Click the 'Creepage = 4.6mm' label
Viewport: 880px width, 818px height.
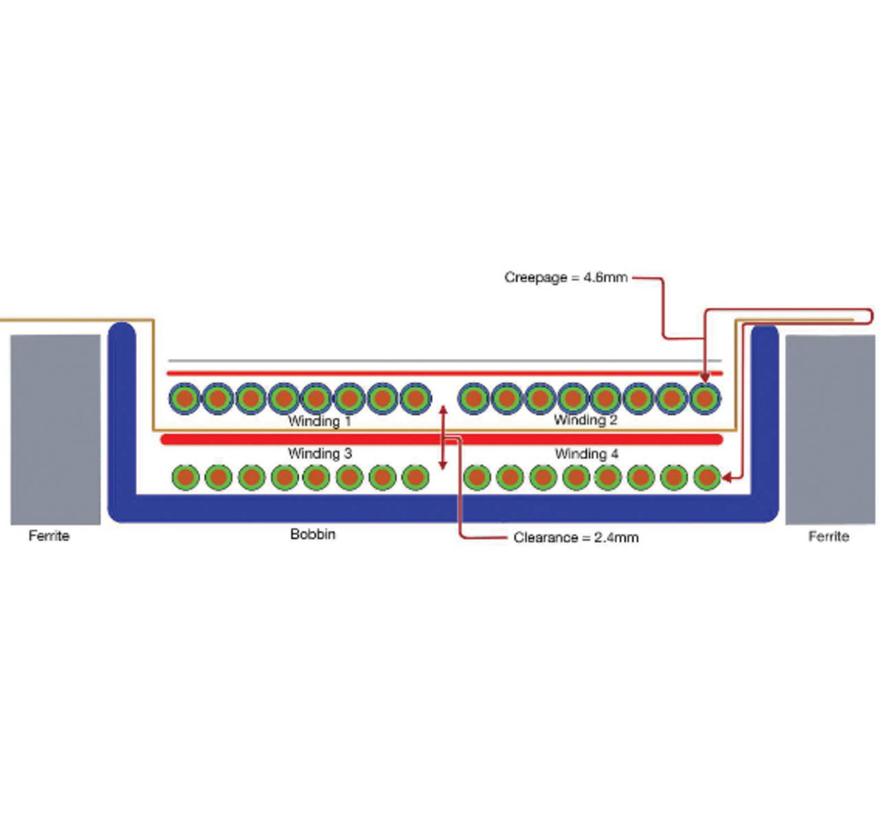tap(566, 278)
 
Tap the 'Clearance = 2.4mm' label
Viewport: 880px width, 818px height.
tap(576, 538)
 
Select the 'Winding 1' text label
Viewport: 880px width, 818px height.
tap(319, 421)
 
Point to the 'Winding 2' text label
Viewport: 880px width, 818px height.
tap(585, 420)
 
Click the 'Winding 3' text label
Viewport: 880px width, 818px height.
tap(320, 454)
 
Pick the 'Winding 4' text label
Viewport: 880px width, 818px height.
tap(586, 454)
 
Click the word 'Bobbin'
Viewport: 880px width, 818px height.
tap(313, 534)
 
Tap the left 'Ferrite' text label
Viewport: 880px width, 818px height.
tap(49, 535)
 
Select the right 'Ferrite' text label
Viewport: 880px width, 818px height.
tap(828, 536)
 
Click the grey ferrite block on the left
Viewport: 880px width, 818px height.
tap(55, 430)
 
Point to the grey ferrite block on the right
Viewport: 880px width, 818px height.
tap(830, 430)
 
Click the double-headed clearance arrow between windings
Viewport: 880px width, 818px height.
tap(443, 437)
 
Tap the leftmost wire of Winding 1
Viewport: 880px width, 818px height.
tap(184, 399)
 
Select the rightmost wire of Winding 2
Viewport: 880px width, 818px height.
tap(704, 399)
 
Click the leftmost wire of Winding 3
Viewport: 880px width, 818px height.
tap(186, 477)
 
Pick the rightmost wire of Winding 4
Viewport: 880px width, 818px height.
tap(707, 477)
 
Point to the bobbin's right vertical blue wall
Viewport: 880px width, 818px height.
tap(764, 412)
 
